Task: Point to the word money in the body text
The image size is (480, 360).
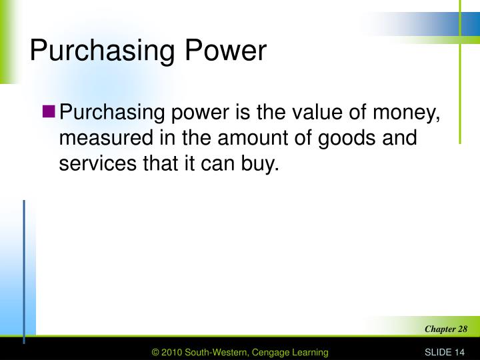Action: click(409, 114)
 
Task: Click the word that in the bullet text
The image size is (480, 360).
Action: click(159, 164)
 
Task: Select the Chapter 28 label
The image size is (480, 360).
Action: click(446, 329)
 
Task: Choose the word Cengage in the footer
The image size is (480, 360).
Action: click(267, 352)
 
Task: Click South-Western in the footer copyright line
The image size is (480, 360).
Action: click(215, 352)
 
